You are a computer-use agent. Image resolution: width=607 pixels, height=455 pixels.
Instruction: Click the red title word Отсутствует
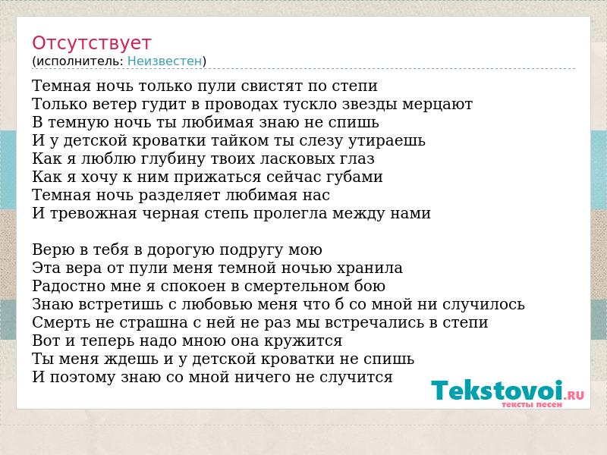pos(91,43)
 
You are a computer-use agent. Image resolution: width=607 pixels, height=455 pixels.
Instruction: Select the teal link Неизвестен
pos(165,61)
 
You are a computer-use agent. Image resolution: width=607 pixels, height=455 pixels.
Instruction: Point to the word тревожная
pos(93,214)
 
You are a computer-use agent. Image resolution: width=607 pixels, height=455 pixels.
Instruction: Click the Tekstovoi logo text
pos(497,391)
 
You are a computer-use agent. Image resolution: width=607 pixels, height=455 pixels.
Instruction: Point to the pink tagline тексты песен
pos(532,405)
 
